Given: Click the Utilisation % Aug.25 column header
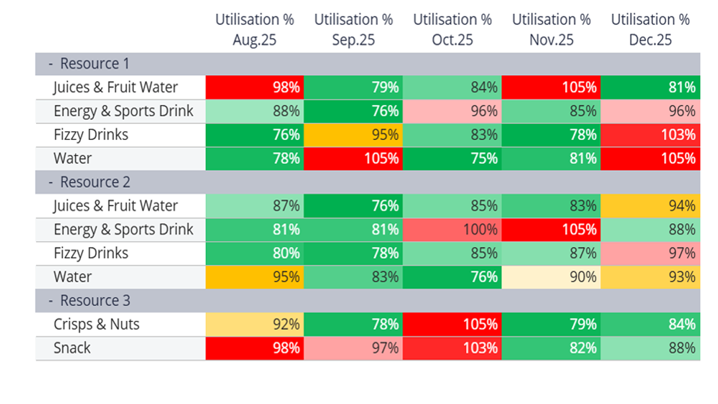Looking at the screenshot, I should point(254,30).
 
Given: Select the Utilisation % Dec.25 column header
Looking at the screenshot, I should point(650,30).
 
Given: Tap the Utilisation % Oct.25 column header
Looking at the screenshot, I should point(452,30).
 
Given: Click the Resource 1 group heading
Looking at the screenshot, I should point(94,64).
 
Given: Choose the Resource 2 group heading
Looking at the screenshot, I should point(94,182).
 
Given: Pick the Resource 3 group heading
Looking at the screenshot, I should point(94,301).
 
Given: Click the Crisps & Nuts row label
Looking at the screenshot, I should point(96,324).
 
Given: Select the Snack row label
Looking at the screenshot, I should point(72,348).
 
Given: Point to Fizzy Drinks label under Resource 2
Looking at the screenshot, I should point(90,253).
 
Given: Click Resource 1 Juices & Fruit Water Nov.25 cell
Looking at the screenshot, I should point(551,87).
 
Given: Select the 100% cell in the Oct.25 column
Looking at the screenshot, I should point(452,230).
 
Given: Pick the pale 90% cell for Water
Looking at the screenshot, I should point(551,277).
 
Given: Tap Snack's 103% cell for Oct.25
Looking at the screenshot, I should point(452,348).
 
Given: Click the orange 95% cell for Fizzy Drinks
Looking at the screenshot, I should point(353,135).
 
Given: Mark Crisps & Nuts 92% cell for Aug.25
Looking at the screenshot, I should point(254,324).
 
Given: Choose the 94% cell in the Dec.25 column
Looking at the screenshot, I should point(650,206).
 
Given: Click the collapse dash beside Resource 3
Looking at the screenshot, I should point(51,301).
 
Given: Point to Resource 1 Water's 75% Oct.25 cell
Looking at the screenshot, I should point(452,158).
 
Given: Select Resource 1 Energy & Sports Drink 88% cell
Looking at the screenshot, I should point(254,111).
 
